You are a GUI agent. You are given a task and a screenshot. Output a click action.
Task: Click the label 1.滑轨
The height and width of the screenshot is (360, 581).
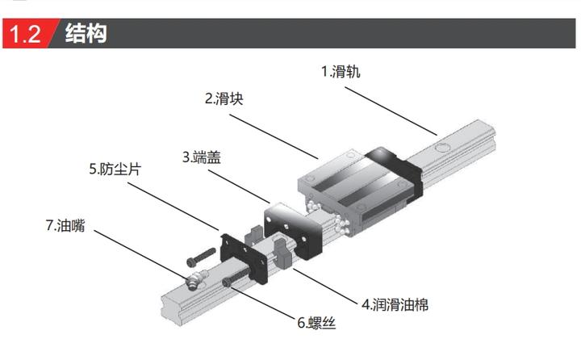[341, 71]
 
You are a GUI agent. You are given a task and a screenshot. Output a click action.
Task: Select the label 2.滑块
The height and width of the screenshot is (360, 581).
[224, 98]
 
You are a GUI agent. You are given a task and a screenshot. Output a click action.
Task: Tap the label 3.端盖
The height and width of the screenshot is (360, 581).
[202, 157]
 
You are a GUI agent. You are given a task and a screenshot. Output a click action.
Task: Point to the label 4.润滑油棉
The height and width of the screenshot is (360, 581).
[395, 305]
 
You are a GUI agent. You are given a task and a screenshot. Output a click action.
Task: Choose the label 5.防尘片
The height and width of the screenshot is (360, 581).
[115, 169]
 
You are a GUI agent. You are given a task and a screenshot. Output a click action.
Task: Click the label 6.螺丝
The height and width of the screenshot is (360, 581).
[316, 323]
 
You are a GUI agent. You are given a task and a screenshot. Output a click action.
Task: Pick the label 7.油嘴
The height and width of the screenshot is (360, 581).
[65, 225]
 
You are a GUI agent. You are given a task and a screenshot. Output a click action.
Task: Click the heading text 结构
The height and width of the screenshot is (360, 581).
[86, 33]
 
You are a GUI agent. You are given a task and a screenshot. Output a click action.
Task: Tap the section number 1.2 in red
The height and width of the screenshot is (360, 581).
[25, 34]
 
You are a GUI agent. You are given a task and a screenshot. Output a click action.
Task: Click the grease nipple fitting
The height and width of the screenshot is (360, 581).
[196, 279]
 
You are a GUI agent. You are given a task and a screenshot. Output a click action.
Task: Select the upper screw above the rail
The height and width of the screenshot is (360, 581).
[201, 257]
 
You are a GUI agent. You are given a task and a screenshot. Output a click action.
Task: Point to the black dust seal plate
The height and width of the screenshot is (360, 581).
[244, 257]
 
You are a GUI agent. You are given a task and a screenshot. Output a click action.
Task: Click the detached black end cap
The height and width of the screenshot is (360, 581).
[293, 232]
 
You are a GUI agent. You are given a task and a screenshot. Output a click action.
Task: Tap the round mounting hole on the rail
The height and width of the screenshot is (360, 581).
[441, 148]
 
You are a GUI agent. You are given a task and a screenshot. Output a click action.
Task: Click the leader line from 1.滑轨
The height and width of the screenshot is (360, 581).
[391, 111]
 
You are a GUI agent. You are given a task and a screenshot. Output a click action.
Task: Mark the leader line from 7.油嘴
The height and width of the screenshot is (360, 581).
[140, 255]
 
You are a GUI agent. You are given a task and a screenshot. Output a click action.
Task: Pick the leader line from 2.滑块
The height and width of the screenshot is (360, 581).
[274, 136]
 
